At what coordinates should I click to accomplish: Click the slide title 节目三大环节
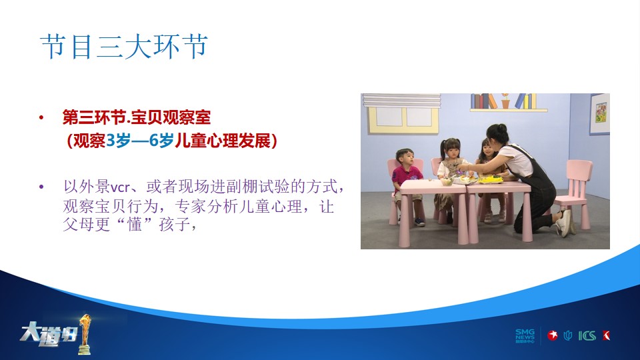point(124,47)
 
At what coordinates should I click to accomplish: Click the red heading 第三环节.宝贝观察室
point(136,117)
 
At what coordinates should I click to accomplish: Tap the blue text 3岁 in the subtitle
point(119,141)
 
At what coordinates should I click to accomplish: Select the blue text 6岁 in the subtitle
point(161,141)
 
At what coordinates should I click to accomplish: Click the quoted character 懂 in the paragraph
point(135,224)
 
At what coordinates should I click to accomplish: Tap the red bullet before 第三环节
point(41,118)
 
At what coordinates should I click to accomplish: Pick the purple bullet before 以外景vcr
point(41,187)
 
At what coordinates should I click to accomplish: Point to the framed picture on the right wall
point(599,114)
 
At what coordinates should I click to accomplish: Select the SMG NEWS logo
point(525,336)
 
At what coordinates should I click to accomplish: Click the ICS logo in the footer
point(587,336)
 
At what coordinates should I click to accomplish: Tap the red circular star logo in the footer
point(553,335)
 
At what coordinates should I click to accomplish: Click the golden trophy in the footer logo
point(85,334)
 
